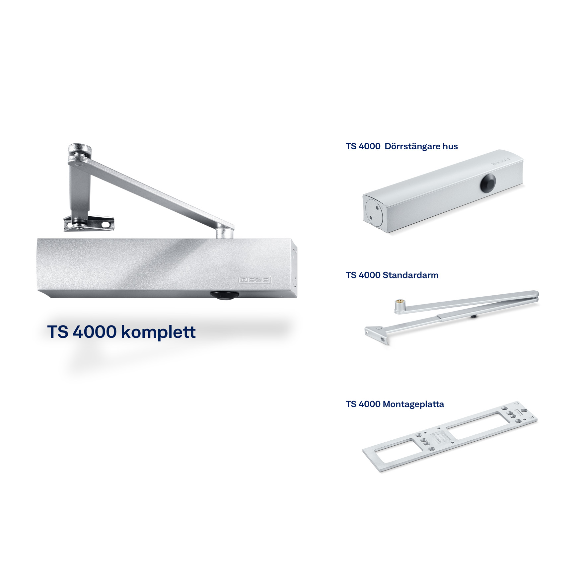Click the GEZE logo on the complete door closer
pos(255,280)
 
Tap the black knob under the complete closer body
pos(224,295)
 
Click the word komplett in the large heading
pos(158,332)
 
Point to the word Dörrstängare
pos(411,146)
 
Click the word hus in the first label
pos(450,146)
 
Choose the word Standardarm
pos(410,275)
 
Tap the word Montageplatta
pos(413,404)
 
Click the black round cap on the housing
pos(488,184)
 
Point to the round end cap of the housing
pos(374,213)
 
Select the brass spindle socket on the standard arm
pos(399,303)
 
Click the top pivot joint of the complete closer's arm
pos(79,154)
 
